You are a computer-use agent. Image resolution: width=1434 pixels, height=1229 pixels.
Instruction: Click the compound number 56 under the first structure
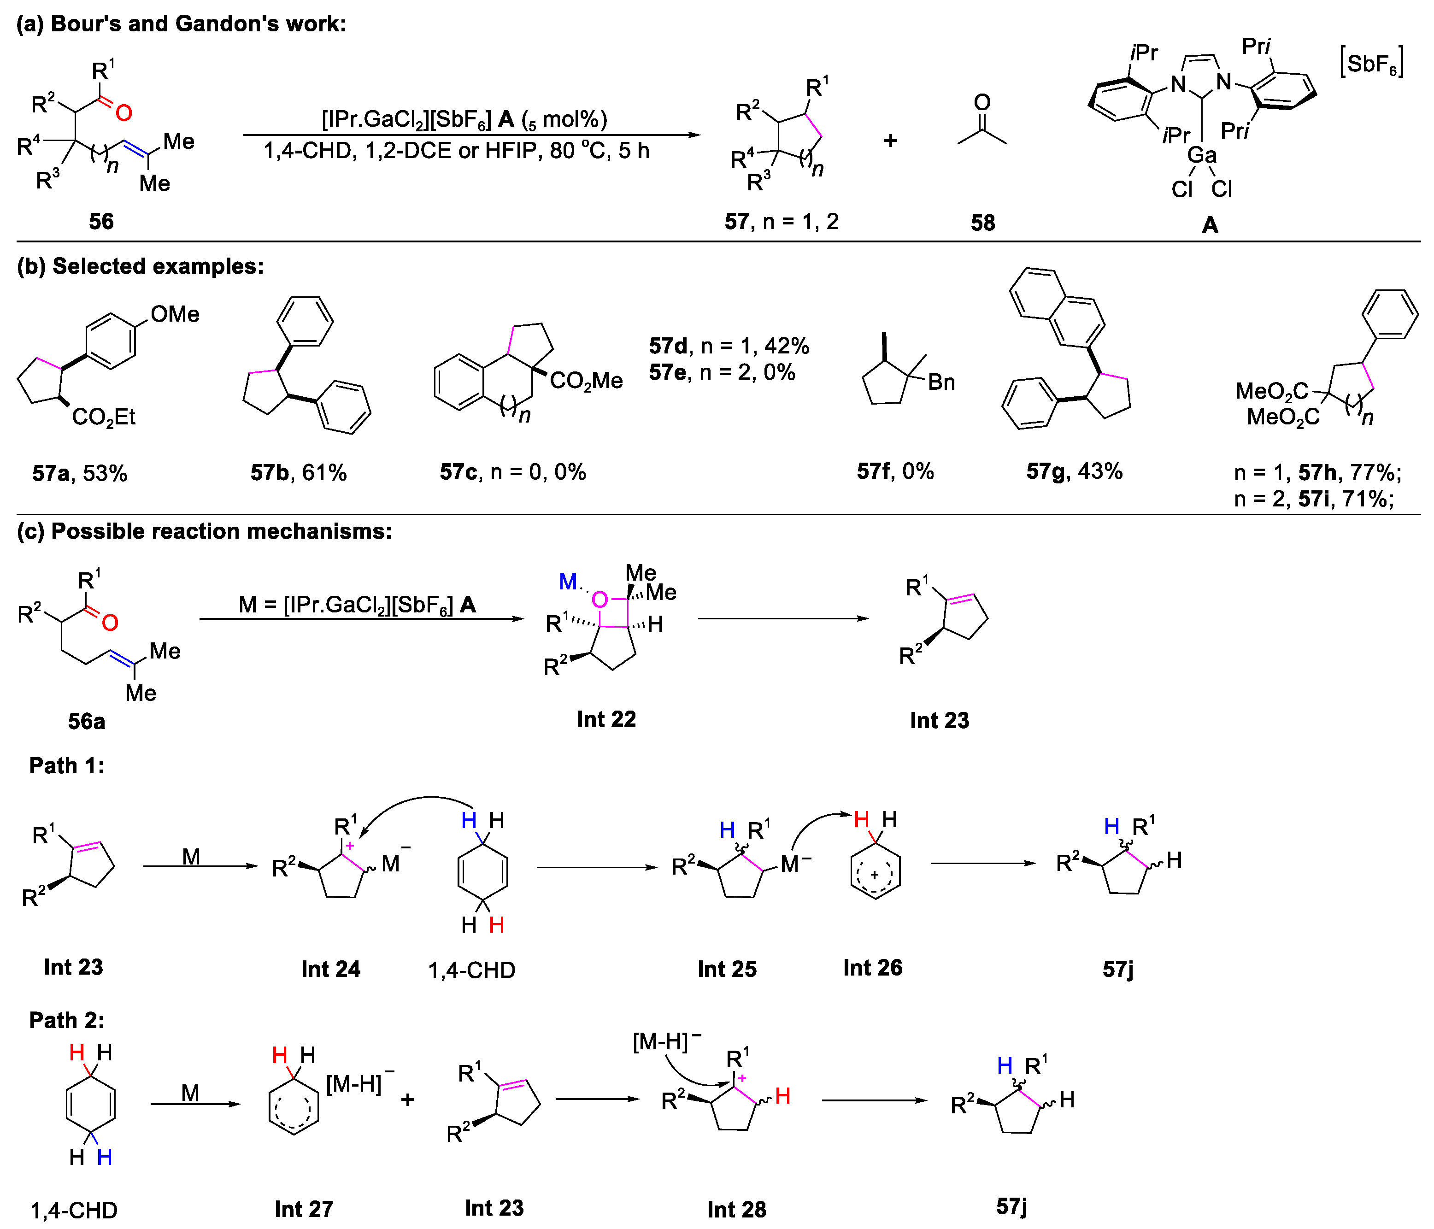(x=101, y=222)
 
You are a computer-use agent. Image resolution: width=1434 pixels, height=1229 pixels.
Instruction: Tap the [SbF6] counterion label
(x=1372, y=64)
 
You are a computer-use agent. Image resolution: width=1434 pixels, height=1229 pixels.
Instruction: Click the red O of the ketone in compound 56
(x=124, y=112)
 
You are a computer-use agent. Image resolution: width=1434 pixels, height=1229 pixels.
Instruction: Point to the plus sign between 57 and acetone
(x=891, y=141)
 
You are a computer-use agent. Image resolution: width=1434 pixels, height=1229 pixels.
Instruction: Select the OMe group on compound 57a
(x=175, y=315)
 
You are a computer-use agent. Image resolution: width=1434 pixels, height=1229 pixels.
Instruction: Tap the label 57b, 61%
(x=298, y=473)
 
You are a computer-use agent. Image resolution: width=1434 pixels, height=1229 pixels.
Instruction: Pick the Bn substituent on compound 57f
(x=941, y=382)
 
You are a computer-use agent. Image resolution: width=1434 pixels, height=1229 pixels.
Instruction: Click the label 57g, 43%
(x=1074, y=472)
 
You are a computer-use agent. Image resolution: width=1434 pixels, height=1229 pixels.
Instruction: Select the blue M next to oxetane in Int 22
(x=568, y=581)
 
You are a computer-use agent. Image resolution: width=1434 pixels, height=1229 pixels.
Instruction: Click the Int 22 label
(x=606, y=719)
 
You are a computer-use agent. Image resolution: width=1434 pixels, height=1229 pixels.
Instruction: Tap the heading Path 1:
(x=66, y=765)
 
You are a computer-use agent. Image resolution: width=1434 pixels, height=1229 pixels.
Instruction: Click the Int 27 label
(x=304, y=1209)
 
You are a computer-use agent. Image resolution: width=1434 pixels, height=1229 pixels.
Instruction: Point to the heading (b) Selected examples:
(x=141, y=266)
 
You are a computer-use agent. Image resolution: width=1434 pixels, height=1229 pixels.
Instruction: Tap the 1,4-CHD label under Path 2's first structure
(x=74, y=1210)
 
